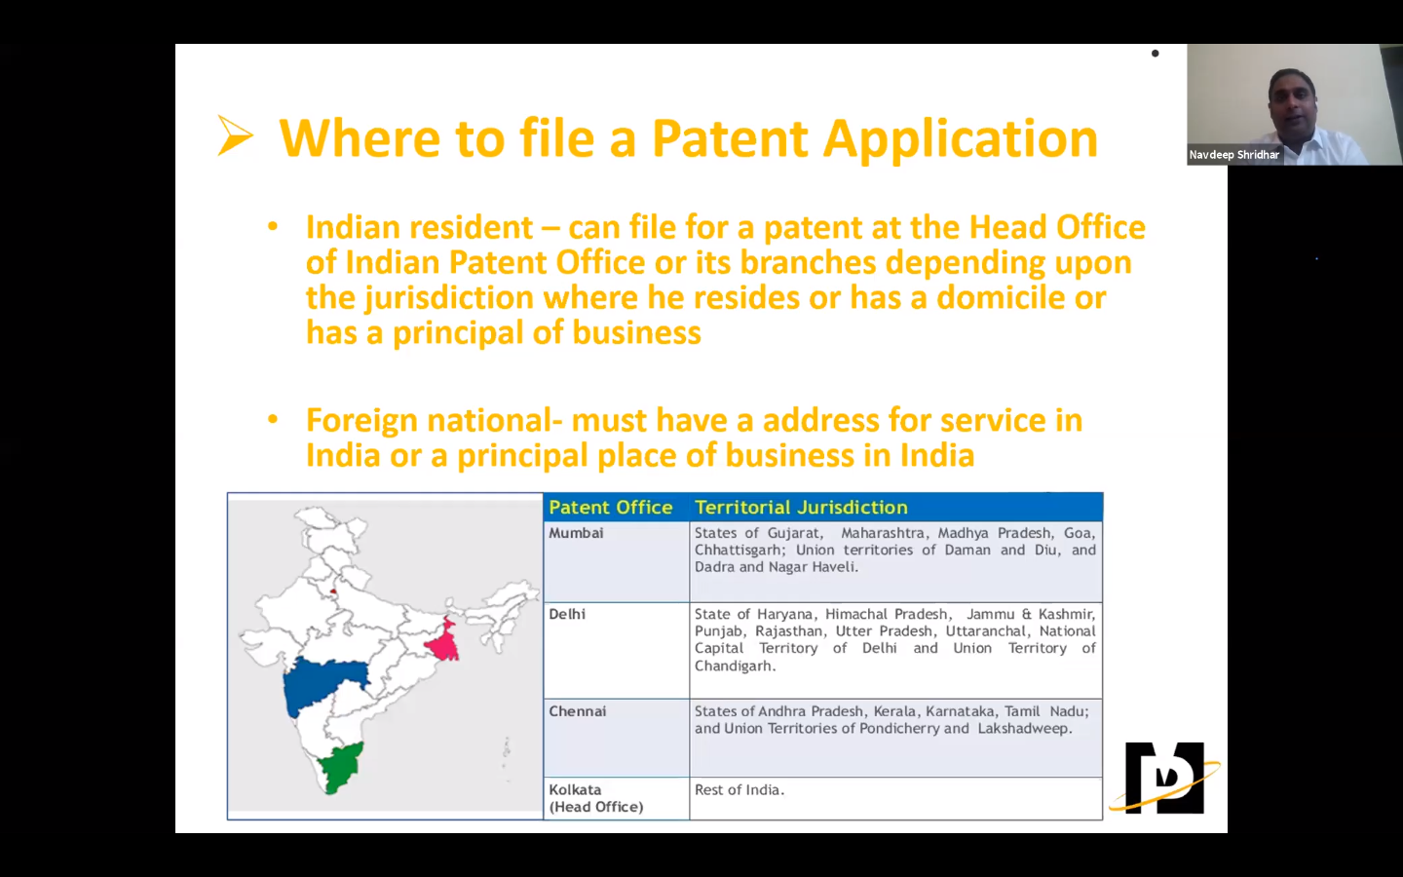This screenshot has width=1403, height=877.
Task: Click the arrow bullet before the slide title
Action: tap(235, 136)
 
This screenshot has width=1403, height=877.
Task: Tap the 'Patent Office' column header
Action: tap(610, 508)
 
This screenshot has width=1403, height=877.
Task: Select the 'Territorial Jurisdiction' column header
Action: tap(801, 508)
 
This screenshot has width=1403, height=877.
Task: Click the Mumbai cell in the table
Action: tap(576, 534)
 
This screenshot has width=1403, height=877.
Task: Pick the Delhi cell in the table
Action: tap(567, 615)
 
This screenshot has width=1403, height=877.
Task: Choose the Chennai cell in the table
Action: tap(577, 711)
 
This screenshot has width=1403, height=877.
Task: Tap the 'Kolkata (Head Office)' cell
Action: tap(595, 798)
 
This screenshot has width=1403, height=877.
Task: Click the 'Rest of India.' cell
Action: tap(739, 790)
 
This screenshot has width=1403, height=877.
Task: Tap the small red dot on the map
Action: tap(333, 591)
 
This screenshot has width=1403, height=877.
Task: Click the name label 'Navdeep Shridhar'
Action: tap(1233, 155)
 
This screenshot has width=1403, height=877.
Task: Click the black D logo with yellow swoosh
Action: tap(1164, 778)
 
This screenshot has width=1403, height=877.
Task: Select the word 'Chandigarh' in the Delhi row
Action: tap(734, 667)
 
